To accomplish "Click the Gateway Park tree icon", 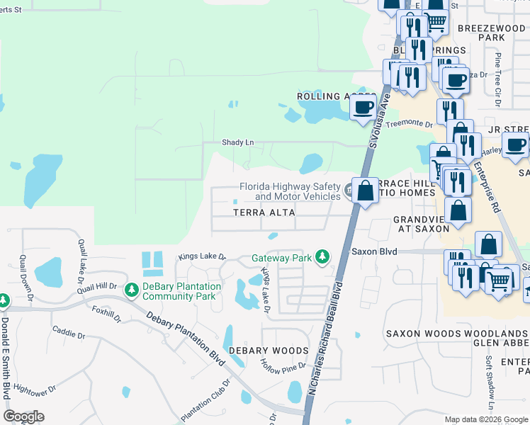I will tap(322, 256).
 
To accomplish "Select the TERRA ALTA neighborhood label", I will tap(264, 212).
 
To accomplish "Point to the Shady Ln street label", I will tap(237, 142).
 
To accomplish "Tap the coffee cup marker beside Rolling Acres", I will tap(363, 108).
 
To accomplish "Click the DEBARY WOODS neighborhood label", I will tap(268, 351).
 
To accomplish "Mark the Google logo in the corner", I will tap(23, 416).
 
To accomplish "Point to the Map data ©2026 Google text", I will tap(485, 419).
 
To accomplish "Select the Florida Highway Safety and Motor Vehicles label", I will tap(290, 191).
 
